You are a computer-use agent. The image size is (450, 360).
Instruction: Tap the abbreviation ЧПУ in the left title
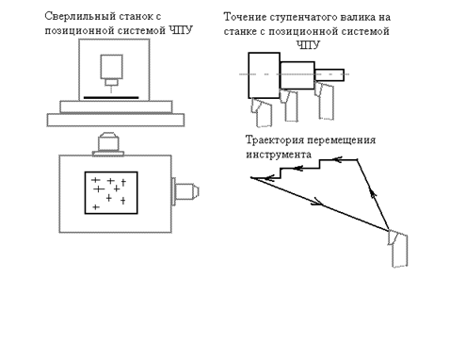(x=181, y=30)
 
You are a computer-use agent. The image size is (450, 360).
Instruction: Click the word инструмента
(x=279, y=155)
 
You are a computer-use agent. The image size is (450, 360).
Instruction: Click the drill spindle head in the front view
(x=111, y=70)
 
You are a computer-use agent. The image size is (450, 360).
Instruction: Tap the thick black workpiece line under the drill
(x=111, y=98)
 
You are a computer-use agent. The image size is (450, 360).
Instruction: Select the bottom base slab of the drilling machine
(x=116, y=120)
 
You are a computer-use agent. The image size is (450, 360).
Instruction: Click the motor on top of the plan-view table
(x=108, y=144)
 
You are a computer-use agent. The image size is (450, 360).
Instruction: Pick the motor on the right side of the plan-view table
(x=185, y=191)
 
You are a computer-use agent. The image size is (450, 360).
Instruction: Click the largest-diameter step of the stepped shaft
(x=264, y=75)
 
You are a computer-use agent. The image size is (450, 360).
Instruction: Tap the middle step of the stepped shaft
(x=297, y=75)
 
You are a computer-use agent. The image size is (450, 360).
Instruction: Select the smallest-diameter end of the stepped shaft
(x=329, y=75)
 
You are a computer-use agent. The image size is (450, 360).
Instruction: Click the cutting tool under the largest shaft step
(x=261, y=112)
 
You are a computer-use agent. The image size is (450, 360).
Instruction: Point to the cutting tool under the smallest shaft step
(x=325, y=101)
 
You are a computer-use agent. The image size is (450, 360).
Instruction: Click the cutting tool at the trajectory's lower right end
(x=397, y=248)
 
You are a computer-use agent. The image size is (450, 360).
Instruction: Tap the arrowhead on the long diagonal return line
(x=317, y=202)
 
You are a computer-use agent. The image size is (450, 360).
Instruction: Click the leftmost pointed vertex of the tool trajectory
(x=250, y=178)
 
